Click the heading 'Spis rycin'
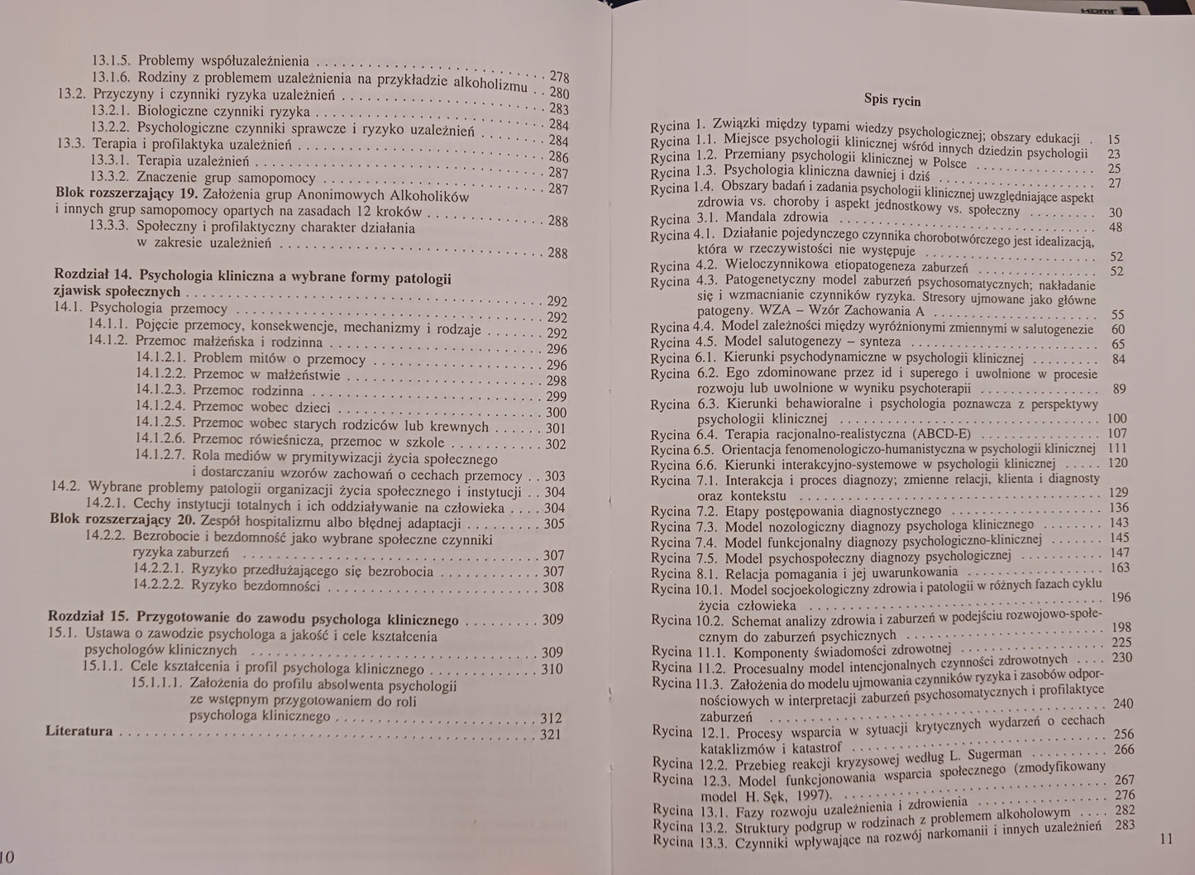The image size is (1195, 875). [x=891, y=100]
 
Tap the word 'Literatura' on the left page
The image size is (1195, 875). [x=79, y=731]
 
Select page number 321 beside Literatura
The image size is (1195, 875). [x=550, y=734]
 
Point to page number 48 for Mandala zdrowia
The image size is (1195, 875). [x=1115, y=227]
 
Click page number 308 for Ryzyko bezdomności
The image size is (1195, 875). [x=552, y=587]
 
